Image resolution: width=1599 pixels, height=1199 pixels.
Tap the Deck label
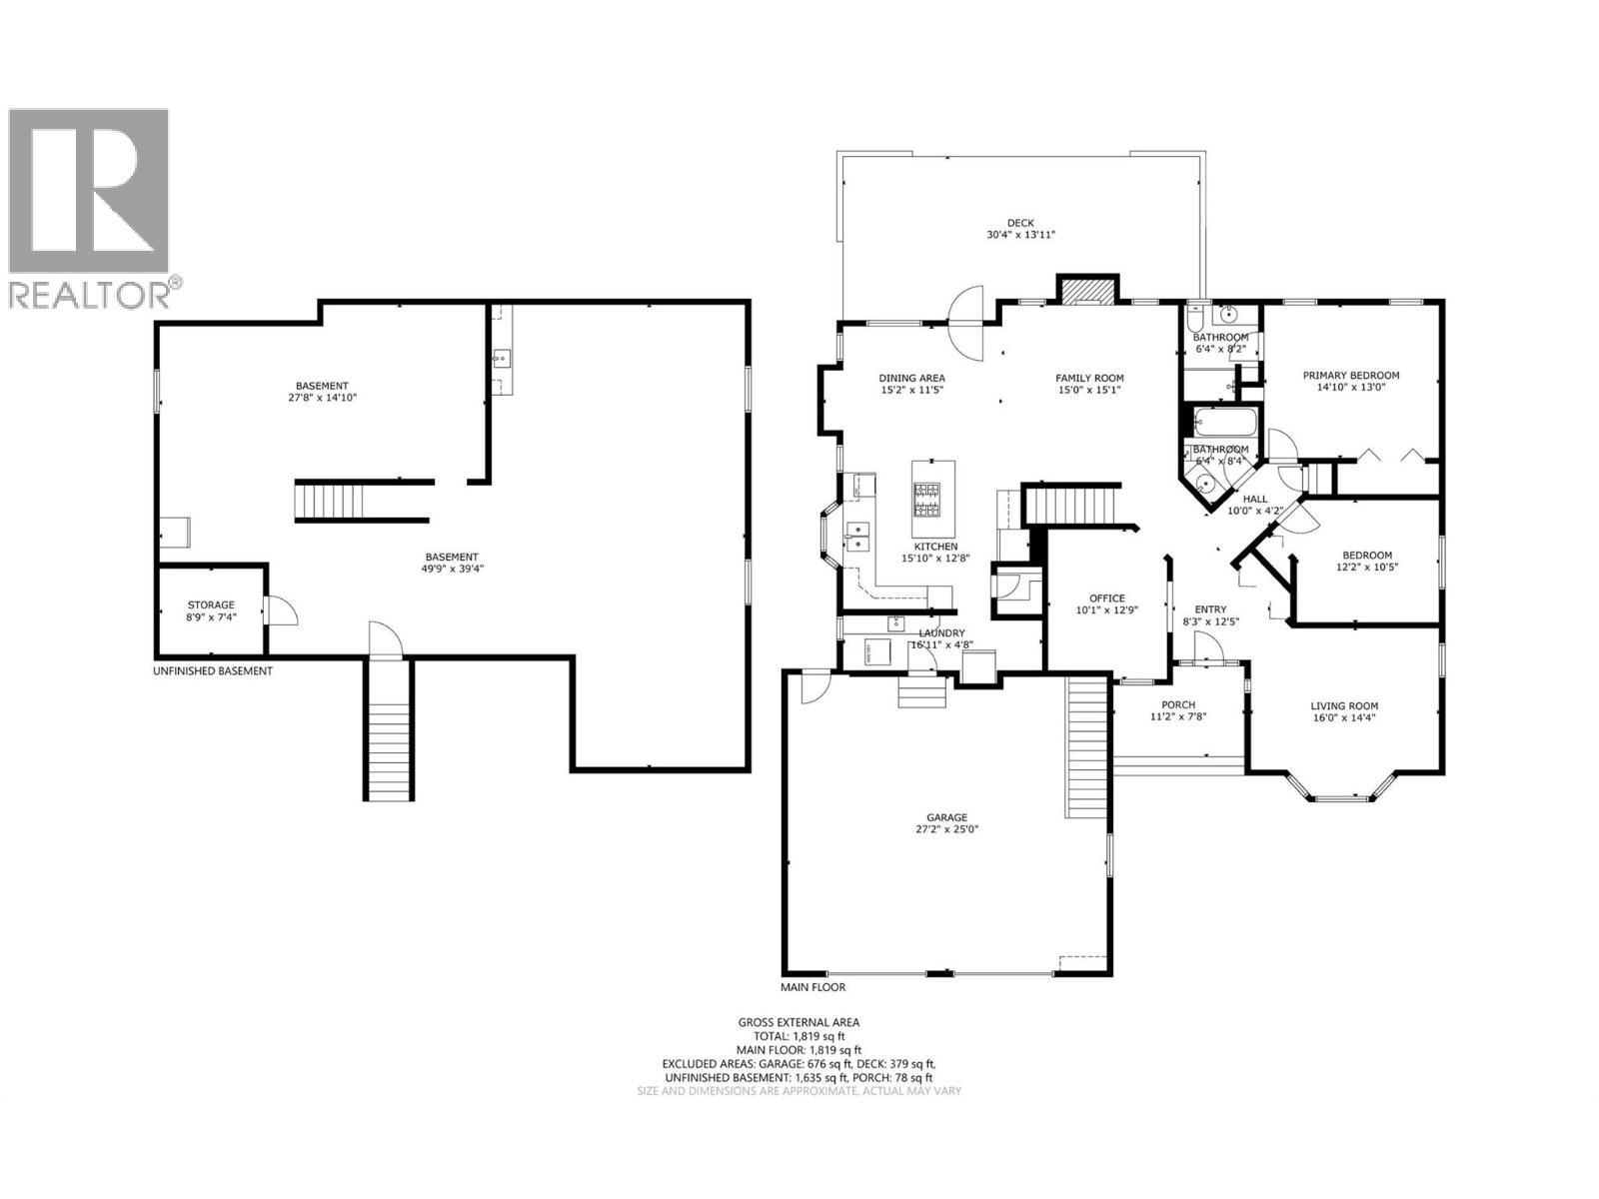pyautogui.click(x=1020, y=223)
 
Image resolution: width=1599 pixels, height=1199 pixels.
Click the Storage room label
pyautogui.click(x=211, y=604)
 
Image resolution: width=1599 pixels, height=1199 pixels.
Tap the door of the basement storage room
pyautogui.click(x=280, y=609)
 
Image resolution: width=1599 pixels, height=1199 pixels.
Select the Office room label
pyautogui.click(x=1106, y=598)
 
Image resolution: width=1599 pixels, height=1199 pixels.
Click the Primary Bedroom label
pyautogui.click(x=1350, y=376)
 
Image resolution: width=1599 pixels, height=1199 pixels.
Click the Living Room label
pyautogui.click(x=1344, y=705)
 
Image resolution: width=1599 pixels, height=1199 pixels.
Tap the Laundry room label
pyautogui.click(x=941, y=632)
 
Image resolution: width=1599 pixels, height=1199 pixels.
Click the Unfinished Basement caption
pyautogui.click(x=212, y=670)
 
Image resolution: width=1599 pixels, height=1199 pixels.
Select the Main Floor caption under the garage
pyautogui.click(x=812, y=987)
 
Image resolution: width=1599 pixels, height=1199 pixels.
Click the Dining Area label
pyautogui.click(x=911, y=378)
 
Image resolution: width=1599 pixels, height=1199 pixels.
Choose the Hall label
pyautogui.click(x=1254, y=499)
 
